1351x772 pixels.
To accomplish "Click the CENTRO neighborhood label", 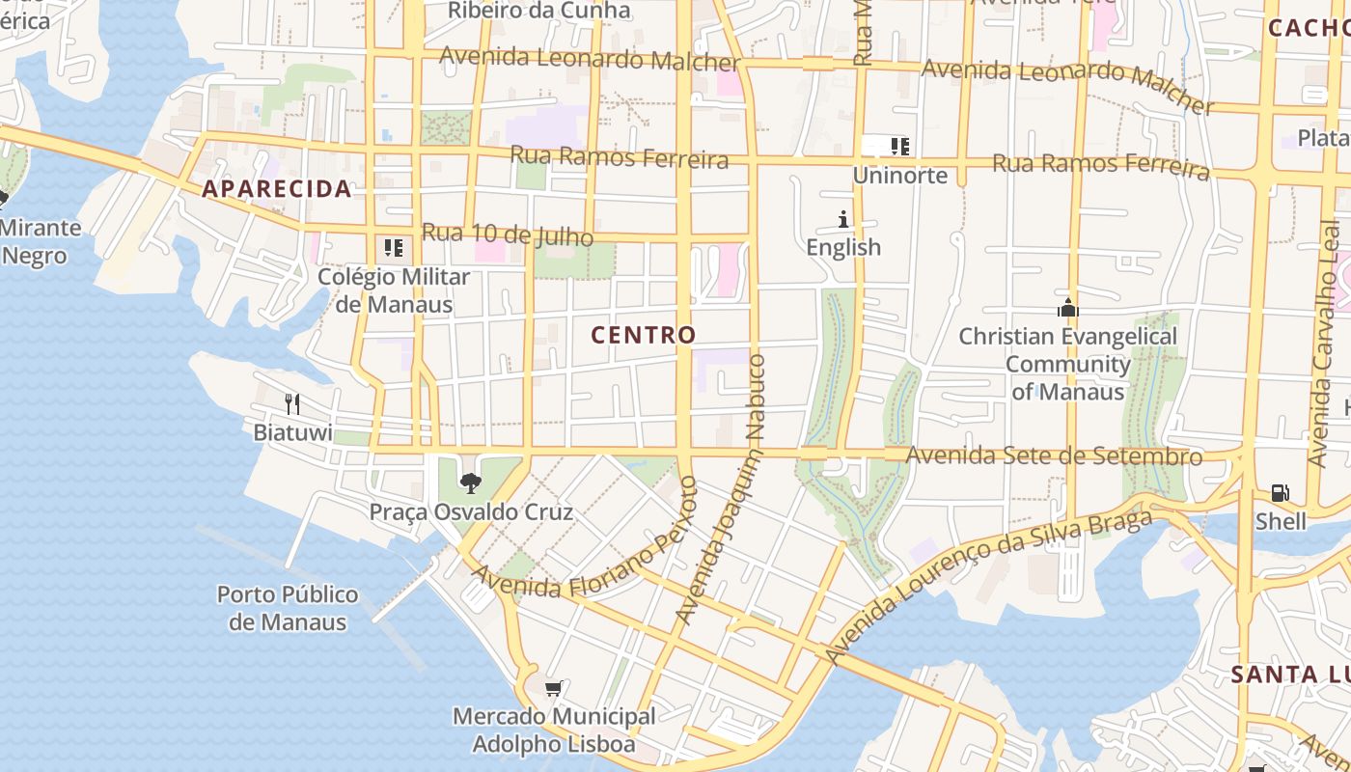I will pos(643,335).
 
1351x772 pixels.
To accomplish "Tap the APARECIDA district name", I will pos(277,189).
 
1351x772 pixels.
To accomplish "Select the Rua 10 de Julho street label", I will pos(508,234).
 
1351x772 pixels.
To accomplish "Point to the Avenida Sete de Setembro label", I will pos(1054,455).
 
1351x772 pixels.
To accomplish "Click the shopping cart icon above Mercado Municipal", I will pos(553,689).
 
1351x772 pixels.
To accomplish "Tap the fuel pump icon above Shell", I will pos(1281,494).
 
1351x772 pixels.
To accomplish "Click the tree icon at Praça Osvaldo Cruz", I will pos(471,482).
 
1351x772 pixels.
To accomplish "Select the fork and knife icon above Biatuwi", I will pos(292,404).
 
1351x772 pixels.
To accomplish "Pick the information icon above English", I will pos(843,220).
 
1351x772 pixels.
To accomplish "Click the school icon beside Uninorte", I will pos(900,147).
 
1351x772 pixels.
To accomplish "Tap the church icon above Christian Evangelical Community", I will pos(1067,309).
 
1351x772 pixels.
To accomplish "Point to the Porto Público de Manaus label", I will pos(288,608).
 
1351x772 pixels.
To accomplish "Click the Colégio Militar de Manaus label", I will pos(394,290).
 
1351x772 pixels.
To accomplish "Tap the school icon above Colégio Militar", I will pos(394,248).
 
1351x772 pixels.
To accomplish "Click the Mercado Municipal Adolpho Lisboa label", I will pos(554,731).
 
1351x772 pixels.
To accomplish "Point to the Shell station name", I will pos(1281,522).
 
